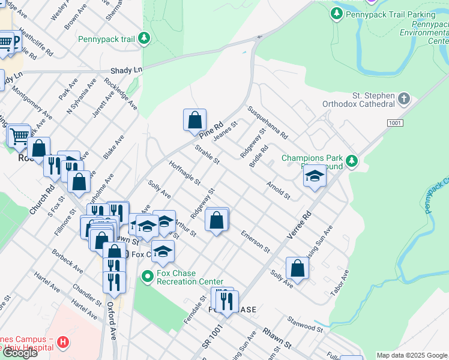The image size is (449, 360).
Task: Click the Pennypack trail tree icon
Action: click(x=144, y=39)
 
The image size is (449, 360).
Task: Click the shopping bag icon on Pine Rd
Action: click(x=194, y=120)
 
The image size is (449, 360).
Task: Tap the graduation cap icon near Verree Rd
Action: click(x=314, y=176)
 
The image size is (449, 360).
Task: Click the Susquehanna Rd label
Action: click(x=268, y=121)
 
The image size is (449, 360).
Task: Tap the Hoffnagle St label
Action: click(x=184, y=173)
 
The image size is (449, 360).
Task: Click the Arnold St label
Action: click(x=279, y=192)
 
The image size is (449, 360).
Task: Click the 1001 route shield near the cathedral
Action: click(x=394, y=122)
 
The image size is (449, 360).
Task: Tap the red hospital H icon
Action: click(x=63, y=343)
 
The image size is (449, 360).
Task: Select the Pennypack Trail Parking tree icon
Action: click(x=337, y=13)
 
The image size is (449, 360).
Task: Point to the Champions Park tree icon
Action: click(x=352, y=160)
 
